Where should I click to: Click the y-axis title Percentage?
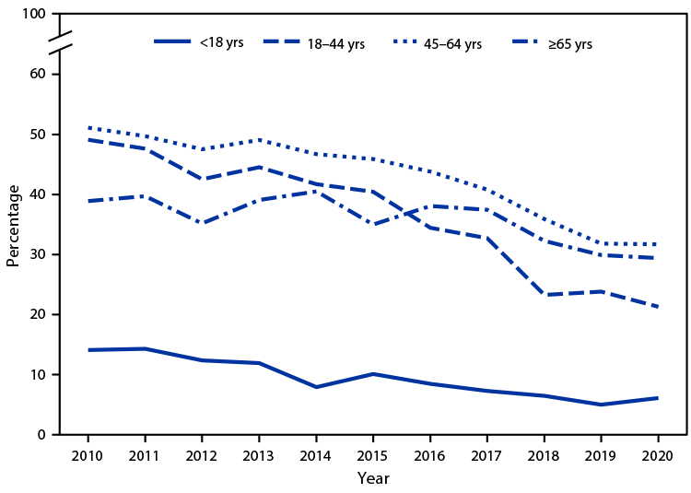(13, 225)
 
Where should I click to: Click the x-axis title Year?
(373, 478)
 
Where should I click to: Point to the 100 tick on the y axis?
(34, 15)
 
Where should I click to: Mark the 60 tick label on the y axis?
(38, 75)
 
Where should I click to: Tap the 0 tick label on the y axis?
(41, 435)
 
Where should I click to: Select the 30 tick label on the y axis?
(38, 254)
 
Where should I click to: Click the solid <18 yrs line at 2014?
(316, 387)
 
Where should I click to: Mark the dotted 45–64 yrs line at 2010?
(88, 128)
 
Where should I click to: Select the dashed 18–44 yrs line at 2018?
(544, 295)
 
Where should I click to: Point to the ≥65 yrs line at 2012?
(202, 223)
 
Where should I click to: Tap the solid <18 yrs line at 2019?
(601, 405)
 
